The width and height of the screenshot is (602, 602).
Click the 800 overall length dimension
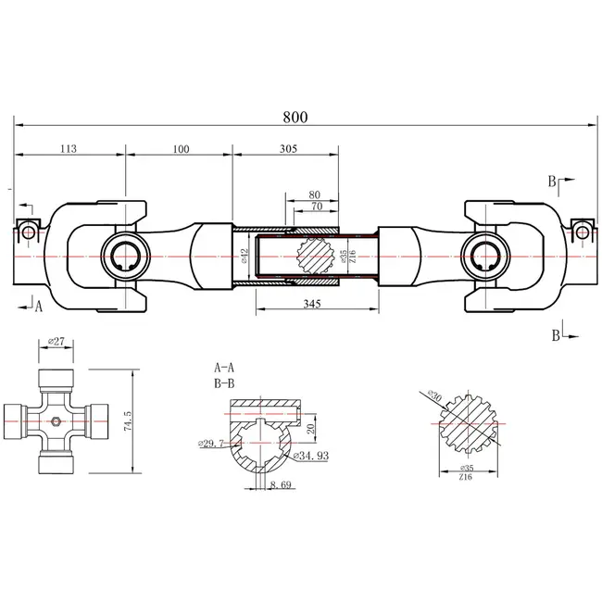[296, 117]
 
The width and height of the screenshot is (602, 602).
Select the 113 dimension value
[68, 147]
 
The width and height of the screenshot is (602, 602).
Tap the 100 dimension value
[179, 147]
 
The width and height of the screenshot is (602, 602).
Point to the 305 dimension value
[289, 147]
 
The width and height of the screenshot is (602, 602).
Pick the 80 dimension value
[316, 194]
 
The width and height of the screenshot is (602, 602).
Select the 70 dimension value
[316, 208]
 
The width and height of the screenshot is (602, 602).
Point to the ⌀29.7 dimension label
[210, 445]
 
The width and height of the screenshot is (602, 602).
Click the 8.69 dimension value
[281, 484]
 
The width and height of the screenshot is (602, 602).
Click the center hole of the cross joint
[57, 422]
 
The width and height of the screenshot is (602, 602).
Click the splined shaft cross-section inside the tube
[316, 253]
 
